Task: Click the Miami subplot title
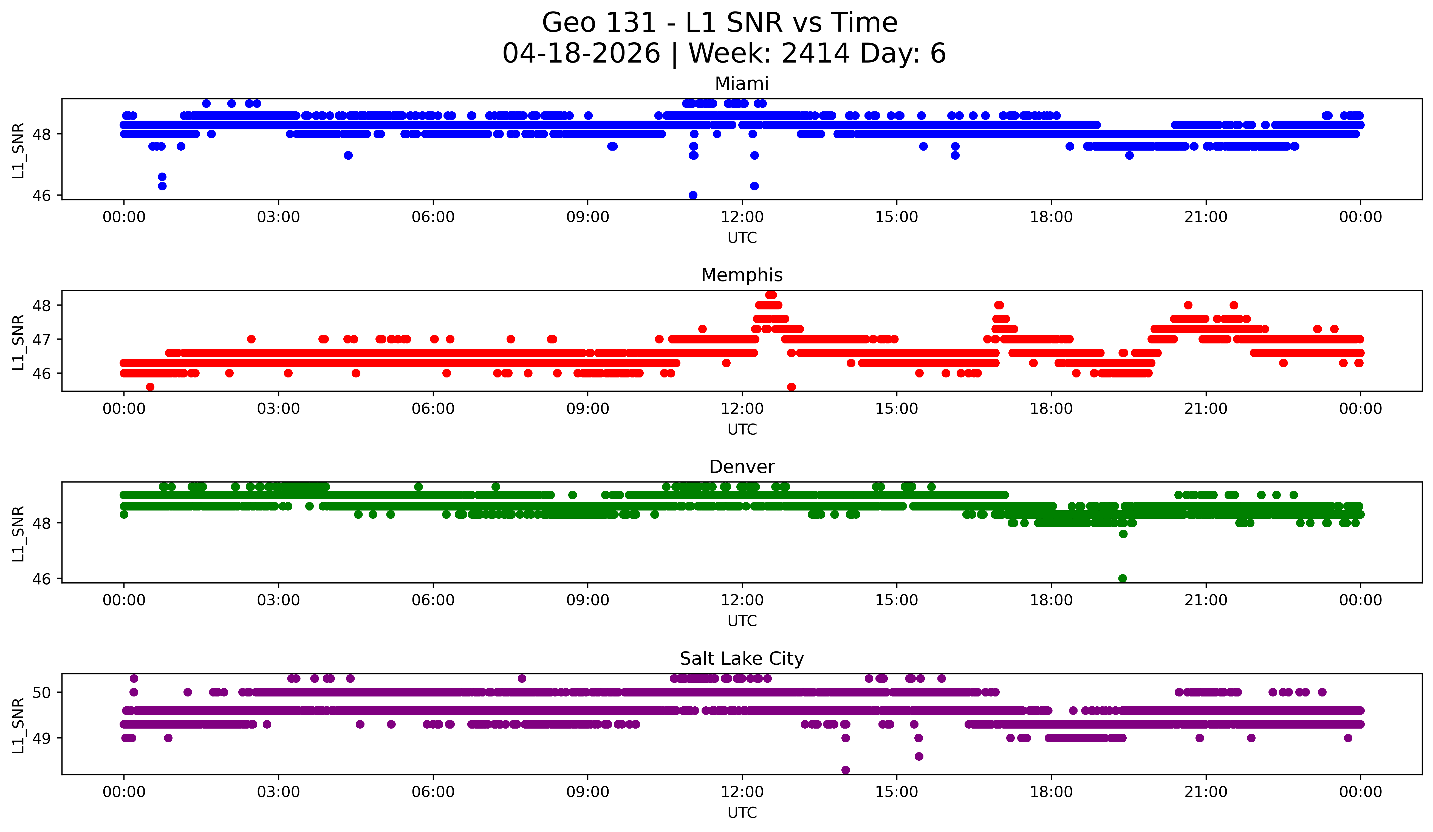coord(742,84)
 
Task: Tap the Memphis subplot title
coord(742,275)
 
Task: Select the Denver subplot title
coord(742,467)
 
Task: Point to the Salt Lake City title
coord(742,659)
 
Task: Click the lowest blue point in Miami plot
coord(693,195)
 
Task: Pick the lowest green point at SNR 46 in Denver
coord(1123,578)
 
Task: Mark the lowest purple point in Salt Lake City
coord(846,770)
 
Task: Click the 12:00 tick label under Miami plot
coord(742,217)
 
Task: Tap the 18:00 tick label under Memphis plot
coord(1051,409)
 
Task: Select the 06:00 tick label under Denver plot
coord(433,600)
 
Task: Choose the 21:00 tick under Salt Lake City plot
coord(1206,792)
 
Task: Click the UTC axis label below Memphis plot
coord(742,429)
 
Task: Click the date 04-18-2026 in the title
coord(581,53)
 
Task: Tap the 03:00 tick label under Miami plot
coord(279,217)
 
